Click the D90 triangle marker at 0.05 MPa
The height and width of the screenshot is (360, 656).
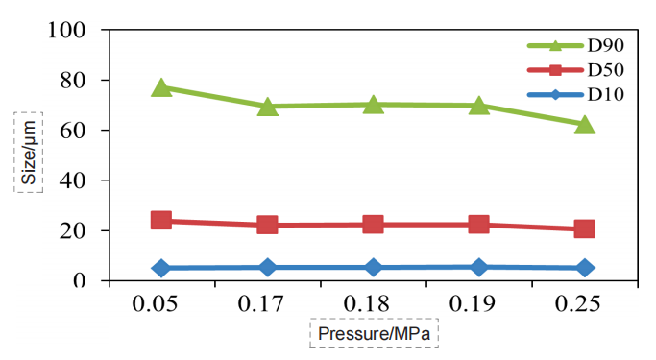click(161, 88)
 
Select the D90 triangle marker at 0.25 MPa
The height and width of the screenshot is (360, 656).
click(584, 125)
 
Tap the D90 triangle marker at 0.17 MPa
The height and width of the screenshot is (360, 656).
click(267, 106)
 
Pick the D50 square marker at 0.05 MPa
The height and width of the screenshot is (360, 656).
click(161, 221)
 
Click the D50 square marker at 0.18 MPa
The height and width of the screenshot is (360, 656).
click(373, 224)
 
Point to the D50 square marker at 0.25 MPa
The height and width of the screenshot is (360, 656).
click(584, 228)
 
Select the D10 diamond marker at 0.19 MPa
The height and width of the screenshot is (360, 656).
click(478, 267)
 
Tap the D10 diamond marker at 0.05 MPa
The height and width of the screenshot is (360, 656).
click(161, 268)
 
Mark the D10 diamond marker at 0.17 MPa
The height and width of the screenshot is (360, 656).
click(267, 267)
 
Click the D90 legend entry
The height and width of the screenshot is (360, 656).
click(567, 45)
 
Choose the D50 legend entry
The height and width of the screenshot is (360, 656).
click(567, 69)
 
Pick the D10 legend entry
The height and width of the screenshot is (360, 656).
click(567, 94)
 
